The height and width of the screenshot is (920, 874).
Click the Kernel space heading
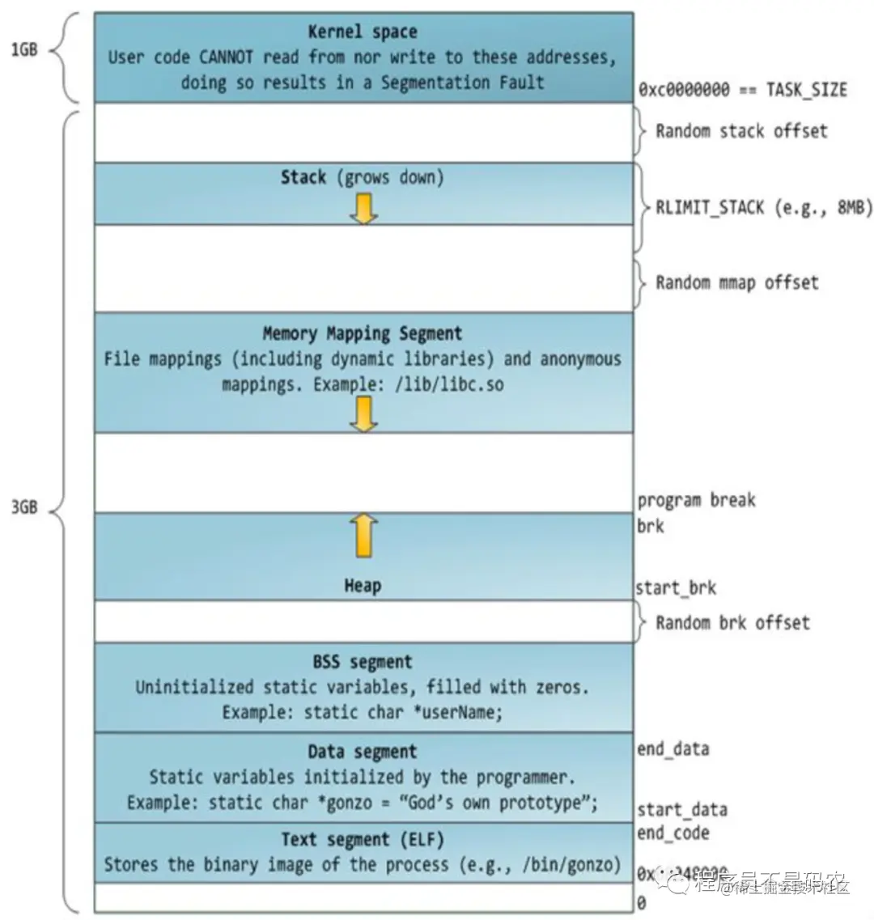pyautogui.click(x=363, y=32)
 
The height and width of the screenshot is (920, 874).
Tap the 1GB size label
pyautogui.click(x=23, y=50)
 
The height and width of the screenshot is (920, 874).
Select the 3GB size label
pyautogui.click(x=23, y=509)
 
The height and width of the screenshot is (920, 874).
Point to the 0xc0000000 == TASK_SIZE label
pyautogui.click(x=742, y=90)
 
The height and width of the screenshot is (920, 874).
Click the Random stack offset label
pyautogui.click(x=741, y=131)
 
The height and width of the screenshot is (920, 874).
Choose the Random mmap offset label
pyautogui.click(x=736, y=282)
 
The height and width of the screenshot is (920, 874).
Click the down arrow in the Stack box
pyautogui.click(x=363, y=207)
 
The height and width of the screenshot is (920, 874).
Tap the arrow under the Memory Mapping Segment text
pyautogui.click(x=363, y=414)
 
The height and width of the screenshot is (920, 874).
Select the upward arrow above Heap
pyautogui.click(x=363, y=535)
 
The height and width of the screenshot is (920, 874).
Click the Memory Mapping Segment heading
pyautogui.click(x=363, y=333)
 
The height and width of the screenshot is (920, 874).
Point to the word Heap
pyautogui.click(x=363, y=586)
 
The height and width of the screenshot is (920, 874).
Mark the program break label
pyautogui.click(x=696, y=500)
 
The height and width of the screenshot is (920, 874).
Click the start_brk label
pyautogui.click(x=676, y=588)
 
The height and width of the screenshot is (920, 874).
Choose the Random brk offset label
pyautogui.click(x=732, y=622)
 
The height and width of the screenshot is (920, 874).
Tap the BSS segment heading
pyautogui.click(x=363, y=663)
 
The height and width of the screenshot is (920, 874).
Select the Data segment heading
pyautogui.click(x=363, y=753)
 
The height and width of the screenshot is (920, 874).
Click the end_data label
pyautogui.click(x=672, y=749)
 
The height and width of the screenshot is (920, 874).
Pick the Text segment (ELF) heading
pyautogui.click(x=363, y=840)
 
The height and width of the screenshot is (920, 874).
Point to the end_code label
pyautogui.click(x=672, y=833)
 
